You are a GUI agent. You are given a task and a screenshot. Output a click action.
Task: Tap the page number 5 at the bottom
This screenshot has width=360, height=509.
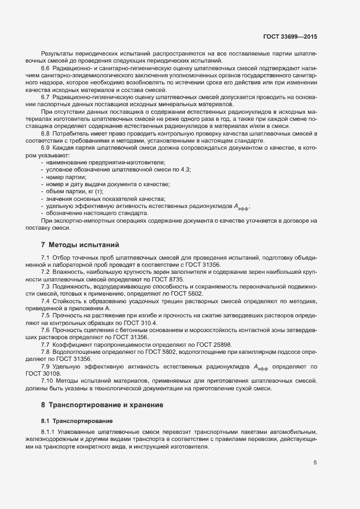(315, 463)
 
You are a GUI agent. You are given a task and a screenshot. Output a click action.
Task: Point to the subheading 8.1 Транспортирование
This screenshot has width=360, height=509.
(77, 421)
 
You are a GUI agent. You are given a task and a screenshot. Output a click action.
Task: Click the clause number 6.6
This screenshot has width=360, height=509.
(46, 68)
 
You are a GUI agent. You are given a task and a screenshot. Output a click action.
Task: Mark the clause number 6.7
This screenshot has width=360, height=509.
(46, 97)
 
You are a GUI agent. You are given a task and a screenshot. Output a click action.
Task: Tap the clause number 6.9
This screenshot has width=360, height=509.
(46, 148)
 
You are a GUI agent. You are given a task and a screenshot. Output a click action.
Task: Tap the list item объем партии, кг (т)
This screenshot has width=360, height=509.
(75, 192)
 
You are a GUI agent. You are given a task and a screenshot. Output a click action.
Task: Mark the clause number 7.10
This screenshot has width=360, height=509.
(47, 381)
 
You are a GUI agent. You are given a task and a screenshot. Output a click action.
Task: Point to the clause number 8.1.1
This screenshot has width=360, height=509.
(48, 432)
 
